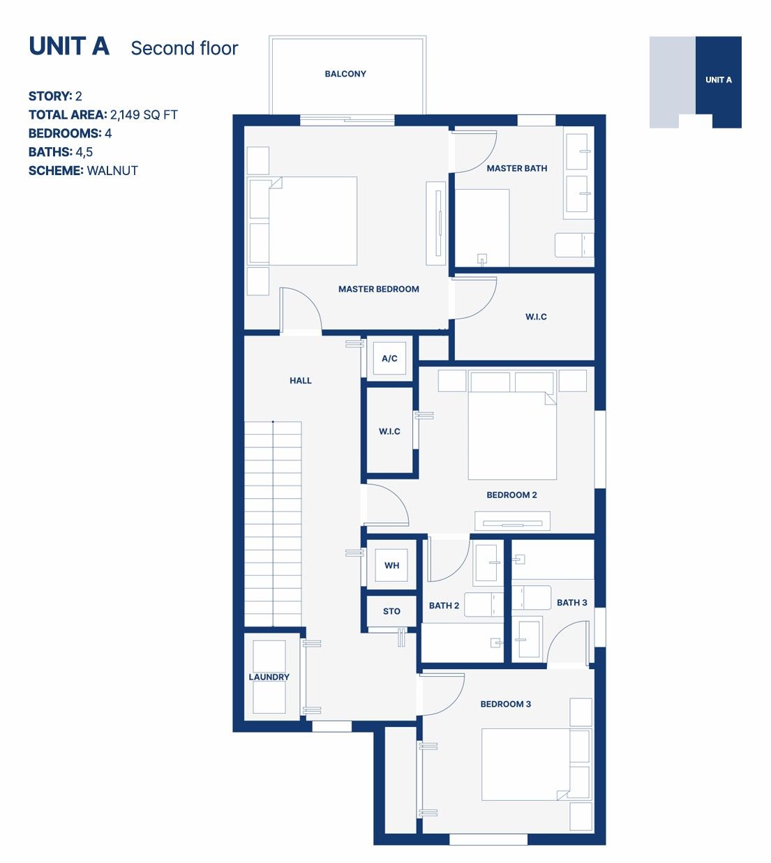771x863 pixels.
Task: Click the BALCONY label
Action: point(345,74)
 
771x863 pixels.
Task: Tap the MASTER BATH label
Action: point(517,168)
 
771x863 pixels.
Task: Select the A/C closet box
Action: point(389,358)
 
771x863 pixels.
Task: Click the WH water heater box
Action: point(391,565)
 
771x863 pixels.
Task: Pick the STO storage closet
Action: point(391,611)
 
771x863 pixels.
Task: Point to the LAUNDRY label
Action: point(269,677)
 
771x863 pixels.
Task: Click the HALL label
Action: point(300,380)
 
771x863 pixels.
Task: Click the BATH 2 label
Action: point(444,606)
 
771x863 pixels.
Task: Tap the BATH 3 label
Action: point(572,602)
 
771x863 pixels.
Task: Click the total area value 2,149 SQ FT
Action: point(144,114)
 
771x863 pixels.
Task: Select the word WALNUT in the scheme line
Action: point(112,171)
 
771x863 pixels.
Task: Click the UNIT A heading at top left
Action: point(69,46)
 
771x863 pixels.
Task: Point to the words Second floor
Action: point(184,48)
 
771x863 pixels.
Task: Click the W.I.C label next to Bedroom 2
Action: point(389,431)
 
